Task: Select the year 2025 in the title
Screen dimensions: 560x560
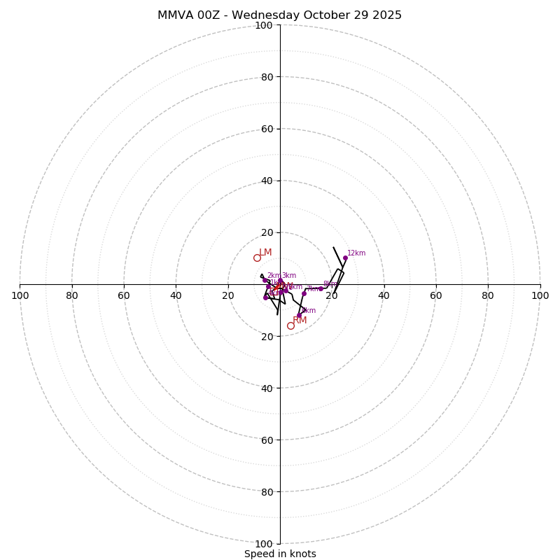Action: (x=387, y=15)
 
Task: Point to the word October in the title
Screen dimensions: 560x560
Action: (x=328, y=15)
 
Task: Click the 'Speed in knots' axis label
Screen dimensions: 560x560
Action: (x=280, y=554)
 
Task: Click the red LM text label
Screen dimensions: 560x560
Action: (x=265, y=253)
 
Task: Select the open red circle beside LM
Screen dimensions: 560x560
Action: (x=257, y=258)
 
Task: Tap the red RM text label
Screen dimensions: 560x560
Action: (x=300, y=321)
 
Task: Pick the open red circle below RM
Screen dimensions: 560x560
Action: (x=290, y=325)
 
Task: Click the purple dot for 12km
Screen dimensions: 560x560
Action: (x=345, y=258)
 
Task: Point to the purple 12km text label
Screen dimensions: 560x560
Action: (x=356, y=253)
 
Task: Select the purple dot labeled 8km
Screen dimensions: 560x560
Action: (x=321, y=288)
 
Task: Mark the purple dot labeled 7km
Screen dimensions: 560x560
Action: (x=304, y=293)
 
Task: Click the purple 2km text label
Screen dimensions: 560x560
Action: (x=273, y=276)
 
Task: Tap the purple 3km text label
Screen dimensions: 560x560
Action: (x=288, y=276)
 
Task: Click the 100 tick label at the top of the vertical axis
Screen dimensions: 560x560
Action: (x=264, y=25)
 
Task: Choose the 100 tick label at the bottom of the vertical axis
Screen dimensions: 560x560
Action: (x=264, y=544)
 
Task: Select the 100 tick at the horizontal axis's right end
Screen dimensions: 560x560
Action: (x=540, y=295)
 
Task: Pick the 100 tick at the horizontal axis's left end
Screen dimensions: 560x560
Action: (x=20, y=295)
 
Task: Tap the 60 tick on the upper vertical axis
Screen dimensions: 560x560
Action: (x=267, y=129)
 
